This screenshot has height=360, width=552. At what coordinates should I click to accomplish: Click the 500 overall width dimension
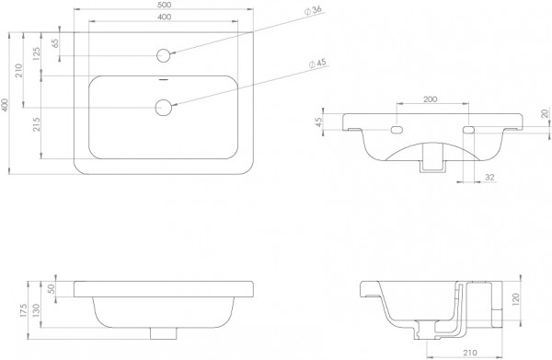pyautogui.click(x=164, y=5)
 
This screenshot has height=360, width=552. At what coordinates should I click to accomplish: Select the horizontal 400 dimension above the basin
pyautogui.click(x=164, y=17)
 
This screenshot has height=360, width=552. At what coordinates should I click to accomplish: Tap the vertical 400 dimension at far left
pyautogui.click(x=5, y=105)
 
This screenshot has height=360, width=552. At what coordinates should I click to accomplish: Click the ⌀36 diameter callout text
pyautogui.click(x=313, y=10)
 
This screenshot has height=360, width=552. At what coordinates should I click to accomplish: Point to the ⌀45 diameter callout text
pyautogui.click(x=317, y=64)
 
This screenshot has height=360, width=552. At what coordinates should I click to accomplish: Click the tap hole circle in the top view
pyautogui.click(x=164, y=55)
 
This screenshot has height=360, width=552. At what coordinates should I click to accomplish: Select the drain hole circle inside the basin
pyautogui.click(x=164, y=107)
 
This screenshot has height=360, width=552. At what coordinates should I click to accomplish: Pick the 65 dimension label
pyautogui.click(x=55, y=43)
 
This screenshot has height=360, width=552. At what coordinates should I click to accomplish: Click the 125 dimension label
pyautogui.click(x=37, y=54)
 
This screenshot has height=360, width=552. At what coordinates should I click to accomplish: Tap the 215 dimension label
pyautogui.click(x=37, y=124)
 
